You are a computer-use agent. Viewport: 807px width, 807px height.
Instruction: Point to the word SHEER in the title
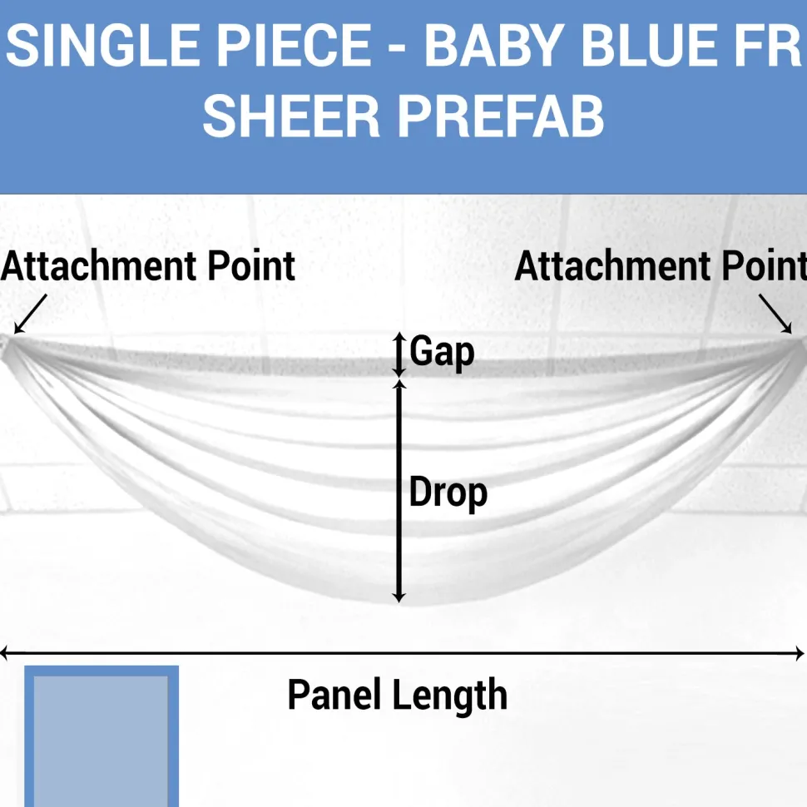pos(291,116)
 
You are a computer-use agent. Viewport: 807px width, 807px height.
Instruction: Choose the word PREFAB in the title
pos(502,116)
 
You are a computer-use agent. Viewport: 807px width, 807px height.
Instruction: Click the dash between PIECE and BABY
pos(398,48)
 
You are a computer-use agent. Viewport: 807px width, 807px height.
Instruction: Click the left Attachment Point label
pos(148,266)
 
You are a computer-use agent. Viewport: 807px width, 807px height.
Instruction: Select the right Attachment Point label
pos(661,266)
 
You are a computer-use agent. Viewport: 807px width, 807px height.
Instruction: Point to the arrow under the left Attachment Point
pos(30,314)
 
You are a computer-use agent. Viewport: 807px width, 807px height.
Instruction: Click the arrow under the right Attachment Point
pos(775,314)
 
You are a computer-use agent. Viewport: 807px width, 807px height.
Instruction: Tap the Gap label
pos(442,352)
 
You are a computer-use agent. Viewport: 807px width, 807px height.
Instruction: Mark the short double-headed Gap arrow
pos(399,354)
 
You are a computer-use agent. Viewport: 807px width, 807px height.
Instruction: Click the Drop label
pos(448,493)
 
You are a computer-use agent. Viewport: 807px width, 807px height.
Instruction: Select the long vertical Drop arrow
pos(399,491)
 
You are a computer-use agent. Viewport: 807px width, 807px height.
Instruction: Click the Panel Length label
pos(398,695)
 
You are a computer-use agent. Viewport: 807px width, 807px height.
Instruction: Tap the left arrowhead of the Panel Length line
pos(4,654)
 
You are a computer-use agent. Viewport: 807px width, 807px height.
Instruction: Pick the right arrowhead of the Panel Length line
pos(800,654)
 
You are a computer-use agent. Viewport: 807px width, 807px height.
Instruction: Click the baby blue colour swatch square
pos(101,736)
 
